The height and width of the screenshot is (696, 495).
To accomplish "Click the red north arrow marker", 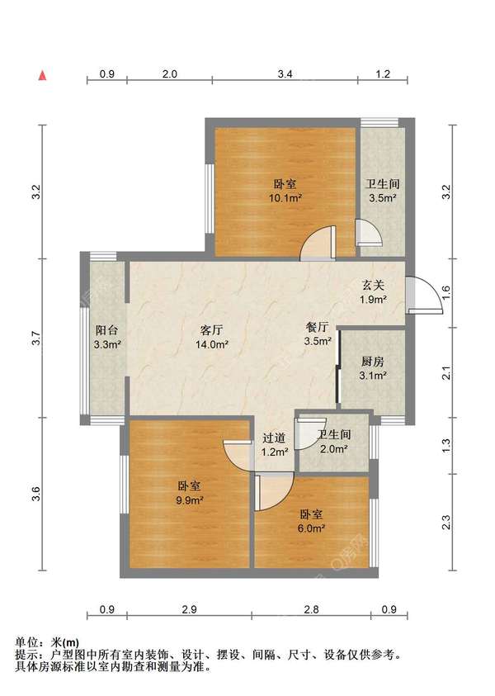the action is pyautogui.click(x=43, y=75).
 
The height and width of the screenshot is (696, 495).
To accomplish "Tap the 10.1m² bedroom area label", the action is pyautogui.click(x=285, y=191).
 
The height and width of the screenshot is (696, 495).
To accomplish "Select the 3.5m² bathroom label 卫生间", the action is pyautogui.click(x=382, y=191).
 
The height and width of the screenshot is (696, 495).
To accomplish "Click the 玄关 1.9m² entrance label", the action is pyautogui.click(x=373, y=292).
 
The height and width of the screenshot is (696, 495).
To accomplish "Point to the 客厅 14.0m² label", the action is pyautogui.click(x=211, y=337).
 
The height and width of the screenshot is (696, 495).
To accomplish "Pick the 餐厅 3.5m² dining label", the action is pyautogui.click(x=318, y=334).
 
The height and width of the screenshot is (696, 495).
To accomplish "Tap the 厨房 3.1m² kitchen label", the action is pyautogui.click(x=373, y=368).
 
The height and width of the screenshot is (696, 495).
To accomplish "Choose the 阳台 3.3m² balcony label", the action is pyautogui.click(x=107, y=337).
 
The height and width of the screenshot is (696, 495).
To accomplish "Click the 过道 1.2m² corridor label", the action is pyautogui.click(x=274, y=445).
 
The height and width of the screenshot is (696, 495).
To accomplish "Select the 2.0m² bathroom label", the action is pyautogui.click(x=333, y=442).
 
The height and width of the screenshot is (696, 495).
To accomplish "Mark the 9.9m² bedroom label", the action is pyautogui.click(x=189, y=493).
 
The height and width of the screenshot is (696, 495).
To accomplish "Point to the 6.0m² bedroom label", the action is pyautogui.click(x=311, y=521).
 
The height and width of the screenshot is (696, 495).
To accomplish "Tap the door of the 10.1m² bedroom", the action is pyautogui.click(x=318, y=244).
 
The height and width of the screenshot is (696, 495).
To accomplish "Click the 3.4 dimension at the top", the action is pyautogui.click(x=285, y=73).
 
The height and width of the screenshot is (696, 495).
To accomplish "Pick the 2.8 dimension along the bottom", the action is pyautogui.click(x=311, y=609).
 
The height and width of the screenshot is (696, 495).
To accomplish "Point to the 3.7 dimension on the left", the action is pyautogui.click(x=37, y=339).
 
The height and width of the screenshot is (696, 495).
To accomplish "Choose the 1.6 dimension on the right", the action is pyautogui.click(x=446, y=293).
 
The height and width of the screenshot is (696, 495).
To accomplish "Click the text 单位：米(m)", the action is pyautogui.click(x=47, y=642).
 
